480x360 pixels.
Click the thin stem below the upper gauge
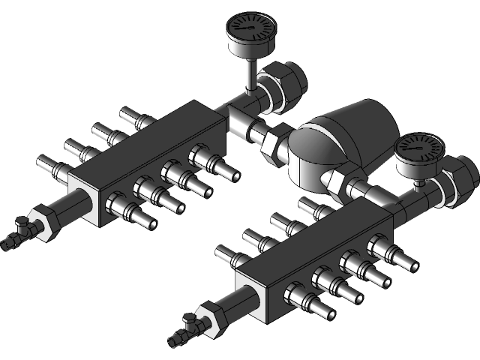tap(249, 76)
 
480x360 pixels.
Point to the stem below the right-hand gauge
tap(418, 184)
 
